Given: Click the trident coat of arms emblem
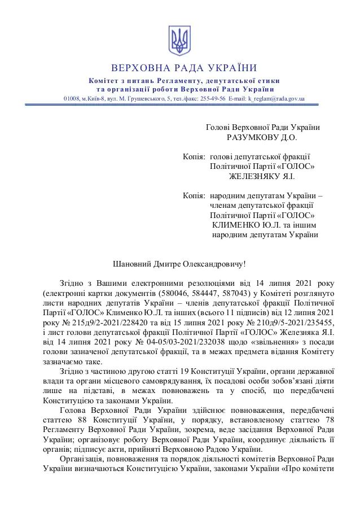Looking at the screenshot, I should pos(180,41).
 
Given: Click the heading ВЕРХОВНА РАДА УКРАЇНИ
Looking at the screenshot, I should pos(180,68).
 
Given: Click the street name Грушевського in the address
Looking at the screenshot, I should pos(141,98).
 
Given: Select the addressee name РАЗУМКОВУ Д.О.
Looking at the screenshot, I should pos(261,137).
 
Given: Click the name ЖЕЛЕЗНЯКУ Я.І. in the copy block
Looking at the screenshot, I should pos(262,176).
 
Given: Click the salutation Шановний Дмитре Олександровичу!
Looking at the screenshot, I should pos(180,264).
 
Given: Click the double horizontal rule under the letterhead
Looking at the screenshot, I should pos(180,104).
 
